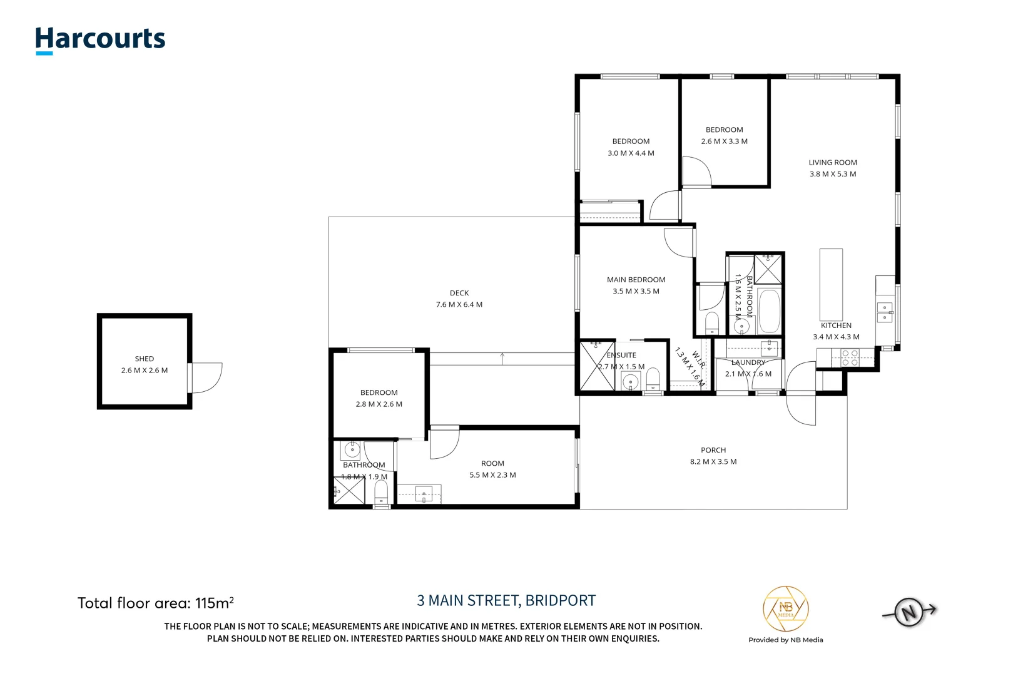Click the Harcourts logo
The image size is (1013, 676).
(x=100, y=41)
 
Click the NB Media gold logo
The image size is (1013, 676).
(x=785, y=609)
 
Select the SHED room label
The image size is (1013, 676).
(x=145, y=359)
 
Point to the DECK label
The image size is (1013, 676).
(x=459, y=293)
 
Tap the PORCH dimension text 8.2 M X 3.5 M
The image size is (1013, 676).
(x=713, y=461)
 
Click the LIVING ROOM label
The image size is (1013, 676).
(x=833, y=163)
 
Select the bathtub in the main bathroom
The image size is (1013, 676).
(x=769, y=311)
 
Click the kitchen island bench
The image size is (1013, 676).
(x=831, y=285)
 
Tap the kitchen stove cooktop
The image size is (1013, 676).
(x=850, y=358)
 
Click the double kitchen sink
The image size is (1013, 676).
(x=885, y=312)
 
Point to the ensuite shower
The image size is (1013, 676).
(x=597, y=366)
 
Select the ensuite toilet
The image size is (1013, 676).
(x=653, y=379)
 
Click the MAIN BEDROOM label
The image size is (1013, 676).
(x=636, y=280)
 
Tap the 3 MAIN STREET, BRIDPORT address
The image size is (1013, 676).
(x=506, y=600)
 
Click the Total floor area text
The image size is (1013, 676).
(x=156, y=603)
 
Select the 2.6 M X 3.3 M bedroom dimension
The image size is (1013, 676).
(x=724, y=141)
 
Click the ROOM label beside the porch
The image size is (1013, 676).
(x=492, y=463)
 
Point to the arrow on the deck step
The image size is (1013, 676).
(x=502, y=359)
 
